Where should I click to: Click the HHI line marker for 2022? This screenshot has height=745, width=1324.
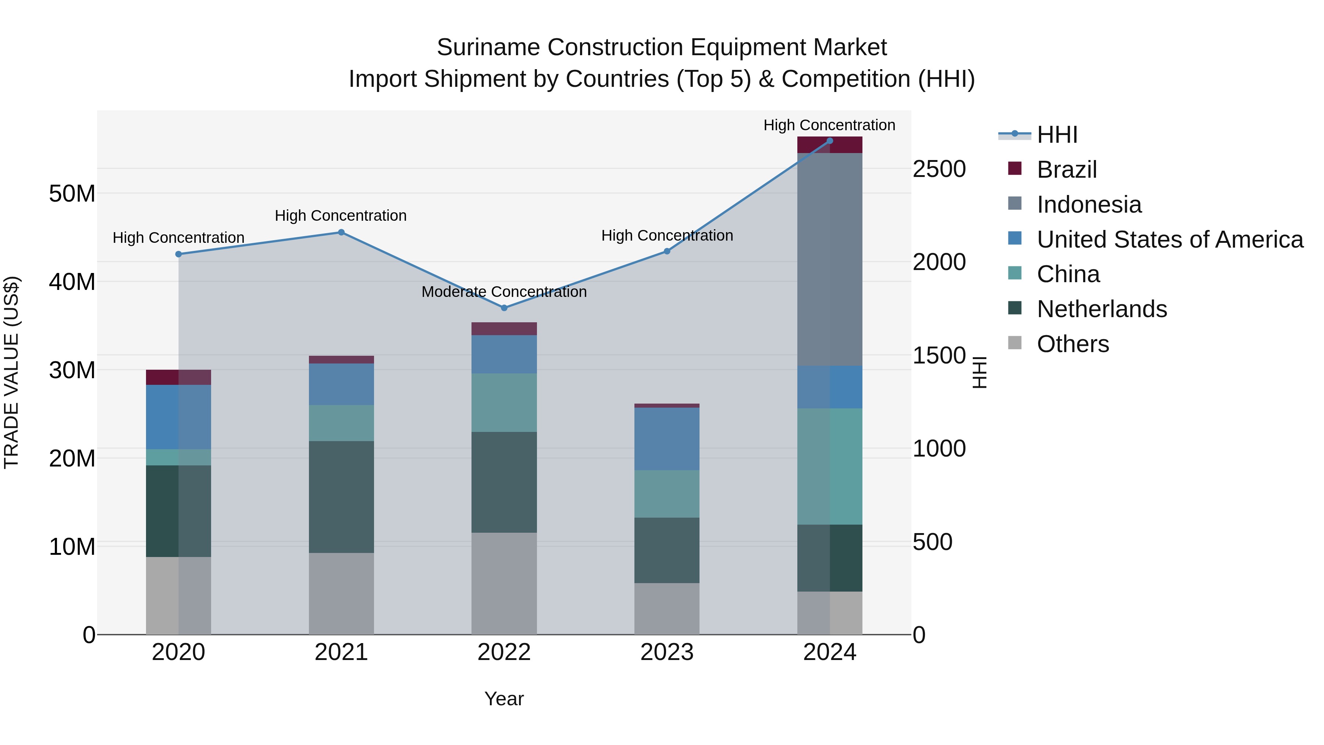pos(504,308)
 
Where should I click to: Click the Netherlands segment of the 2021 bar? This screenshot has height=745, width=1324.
pos(341,497)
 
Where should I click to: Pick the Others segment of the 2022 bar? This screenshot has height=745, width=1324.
pos(504,583)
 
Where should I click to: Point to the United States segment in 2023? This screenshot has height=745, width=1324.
pos(667,439)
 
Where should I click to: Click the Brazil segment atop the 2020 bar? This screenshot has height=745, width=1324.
pos(178,377)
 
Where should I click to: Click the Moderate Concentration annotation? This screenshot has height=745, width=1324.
pos(504,291)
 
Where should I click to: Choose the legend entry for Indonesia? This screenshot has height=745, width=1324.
pos(1089,205)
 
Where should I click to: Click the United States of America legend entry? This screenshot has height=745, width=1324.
pos(1169,240)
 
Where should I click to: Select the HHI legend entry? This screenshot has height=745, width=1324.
pos(1057,135)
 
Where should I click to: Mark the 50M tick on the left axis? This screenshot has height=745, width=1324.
pos(72,194)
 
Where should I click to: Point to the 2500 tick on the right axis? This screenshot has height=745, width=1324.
pos(939,169)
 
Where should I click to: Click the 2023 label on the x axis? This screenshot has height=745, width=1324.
pos(667,652)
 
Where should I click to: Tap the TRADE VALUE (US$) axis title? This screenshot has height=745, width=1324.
pos(11,372)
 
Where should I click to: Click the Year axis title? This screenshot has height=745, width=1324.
pos(504,699)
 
